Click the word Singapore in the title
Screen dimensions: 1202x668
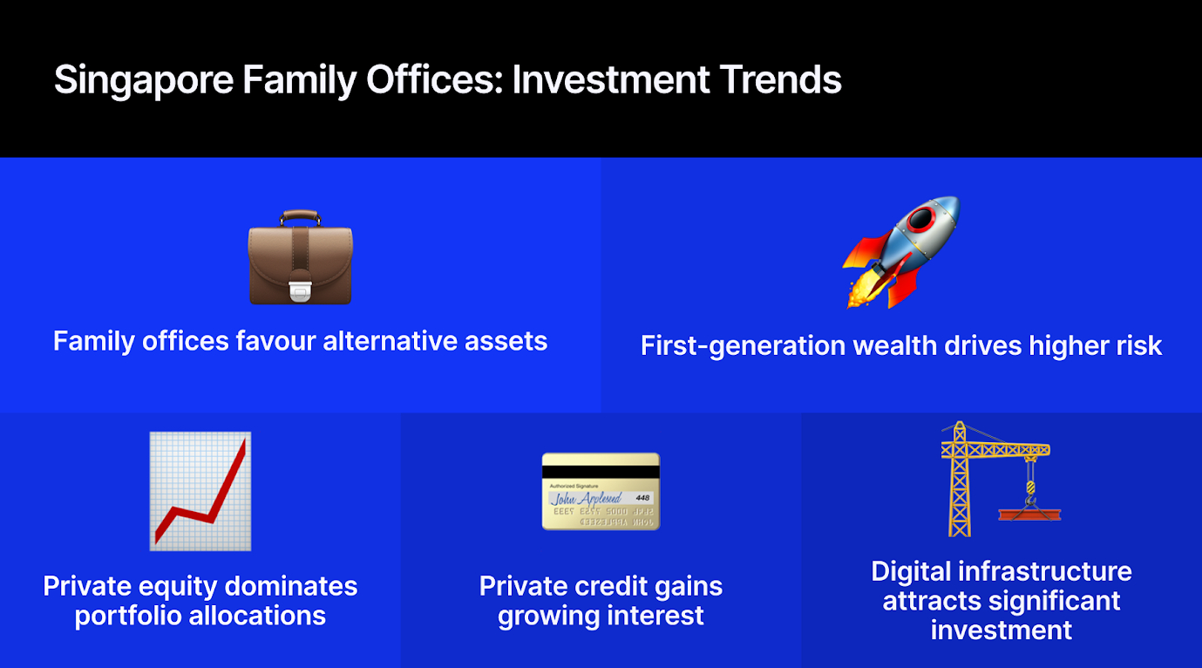point(144,80)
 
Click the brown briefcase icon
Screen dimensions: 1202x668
point(301,257)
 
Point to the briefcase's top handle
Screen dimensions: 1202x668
point(300,217)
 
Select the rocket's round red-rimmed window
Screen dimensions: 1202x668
point(921,219)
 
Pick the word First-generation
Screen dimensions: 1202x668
point(744,345)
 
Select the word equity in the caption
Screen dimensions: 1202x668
point(178,586)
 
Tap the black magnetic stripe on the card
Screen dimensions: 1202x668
point(601,472)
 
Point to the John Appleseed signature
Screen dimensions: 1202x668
point(586,499)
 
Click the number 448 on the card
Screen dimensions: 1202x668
point(642,498)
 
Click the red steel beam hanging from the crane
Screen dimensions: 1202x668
point(1029,515)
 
